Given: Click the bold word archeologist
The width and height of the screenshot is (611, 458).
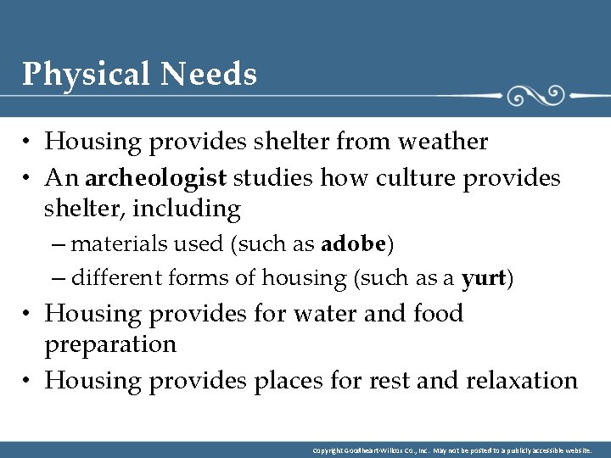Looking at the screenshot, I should pyautogui.click(x=156, y=178).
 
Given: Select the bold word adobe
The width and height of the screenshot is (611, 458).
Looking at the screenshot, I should pyautogui.click(x=354, y=245).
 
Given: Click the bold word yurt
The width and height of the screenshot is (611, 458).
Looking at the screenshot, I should pyautogui.click(x=484, y=278).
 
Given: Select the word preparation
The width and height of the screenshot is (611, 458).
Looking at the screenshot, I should pyautogui.click(x=110, y=345).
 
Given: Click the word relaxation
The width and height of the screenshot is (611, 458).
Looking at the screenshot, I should pyautogui.click(x=522, y=381).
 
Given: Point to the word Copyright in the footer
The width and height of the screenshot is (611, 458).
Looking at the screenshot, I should pyautogui.click(x=328, y=450).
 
